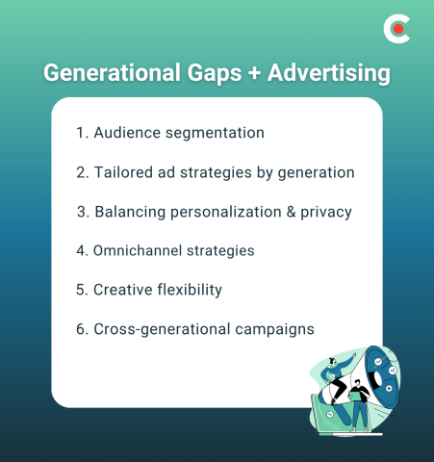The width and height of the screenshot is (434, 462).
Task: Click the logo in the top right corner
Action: (x=396, y=29)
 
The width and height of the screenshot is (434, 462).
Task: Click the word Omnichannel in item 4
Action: (x=136, y=250)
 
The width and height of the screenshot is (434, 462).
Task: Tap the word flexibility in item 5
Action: (x=189, y=290)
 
